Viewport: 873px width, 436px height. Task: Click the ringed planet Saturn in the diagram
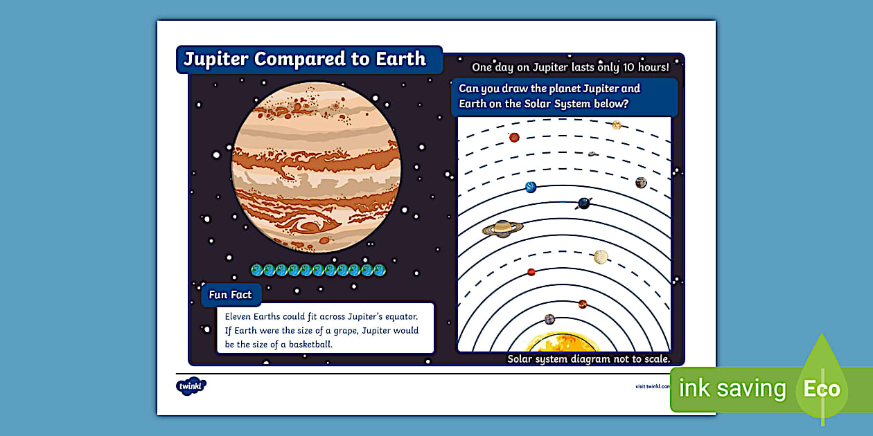502,228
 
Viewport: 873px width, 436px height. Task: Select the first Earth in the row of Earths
256,270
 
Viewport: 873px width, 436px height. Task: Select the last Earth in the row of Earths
380,270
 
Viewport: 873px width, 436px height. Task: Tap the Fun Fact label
231,295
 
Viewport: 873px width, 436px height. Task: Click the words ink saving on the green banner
732,389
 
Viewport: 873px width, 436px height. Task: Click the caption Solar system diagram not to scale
588,359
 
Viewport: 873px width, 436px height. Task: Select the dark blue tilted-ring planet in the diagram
585,203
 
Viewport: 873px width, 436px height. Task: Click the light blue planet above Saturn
531,187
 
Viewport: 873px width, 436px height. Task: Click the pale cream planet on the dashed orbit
601,257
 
